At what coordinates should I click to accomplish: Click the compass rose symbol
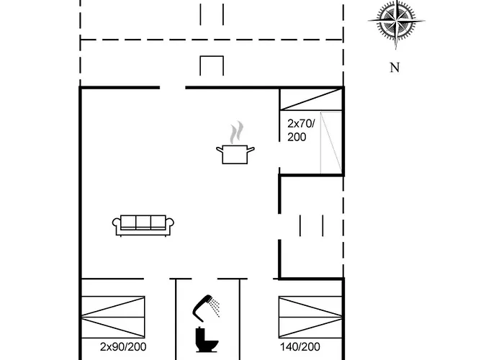(394, 24)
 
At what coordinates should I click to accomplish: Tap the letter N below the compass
(394, 68)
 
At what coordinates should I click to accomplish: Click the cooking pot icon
(235, 153)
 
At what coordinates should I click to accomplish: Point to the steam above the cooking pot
(236, 132)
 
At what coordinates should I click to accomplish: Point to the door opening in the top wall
(172, 88)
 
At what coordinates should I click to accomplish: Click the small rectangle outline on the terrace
(212, 66)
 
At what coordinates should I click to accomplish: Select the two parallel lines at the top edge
(212, 14)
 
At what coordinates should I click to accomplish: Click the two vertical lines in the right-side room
(310, 225)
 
